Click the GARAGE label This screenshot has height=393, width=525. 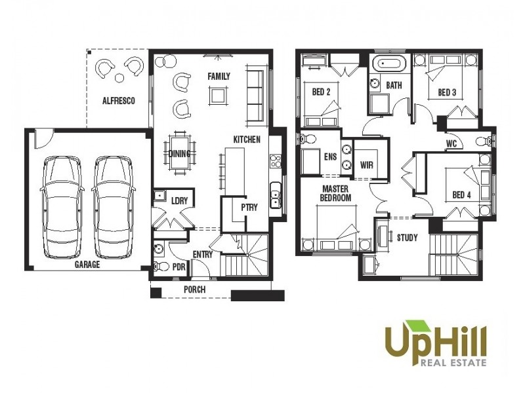87,265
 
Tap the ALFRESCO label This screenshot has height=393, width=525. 118,101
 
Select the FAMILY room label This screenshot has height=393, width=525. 219,77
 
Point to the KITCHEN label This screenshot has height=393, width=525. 247,140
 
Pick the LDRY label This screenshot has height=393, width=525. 179,201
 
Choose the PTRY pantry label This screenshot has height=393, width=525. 249,207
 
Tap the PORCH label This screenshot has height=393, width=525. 194,290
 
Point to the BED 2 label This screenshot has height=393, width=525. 320,92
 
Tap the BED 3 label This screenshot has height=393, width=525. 447,93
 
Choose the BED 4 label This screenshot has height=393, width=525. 461,195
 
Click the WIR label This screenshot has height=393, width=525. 366,166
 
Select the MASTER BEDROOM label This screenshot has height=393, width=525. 335,193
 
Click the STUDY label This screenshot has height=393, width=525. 407,238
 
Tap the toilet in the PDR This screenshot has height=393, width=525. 158,267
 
